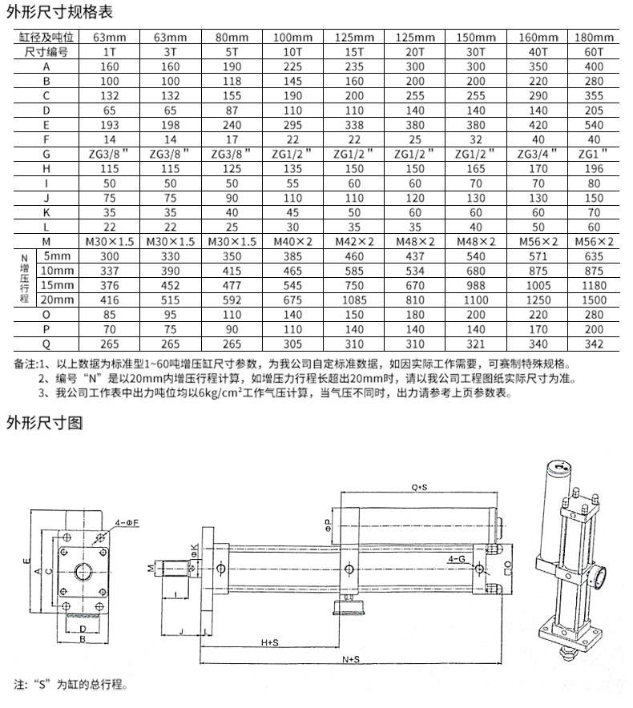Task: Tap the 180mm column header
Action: pos(594,38)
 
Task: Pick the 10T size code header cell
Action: pos(293,52)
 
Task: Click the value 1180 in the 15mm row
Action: pos(594,284)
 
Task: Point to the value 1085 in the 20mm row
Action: pos(354,299)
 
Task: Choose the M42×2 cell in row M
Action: pos(354,241)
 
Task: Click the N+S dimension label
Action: pos(350,659)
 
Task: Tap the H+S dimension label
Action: pos(270,642)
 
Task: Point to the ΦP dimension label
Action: pos(329,524)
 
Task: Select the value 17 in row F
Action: pos(232,139)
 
